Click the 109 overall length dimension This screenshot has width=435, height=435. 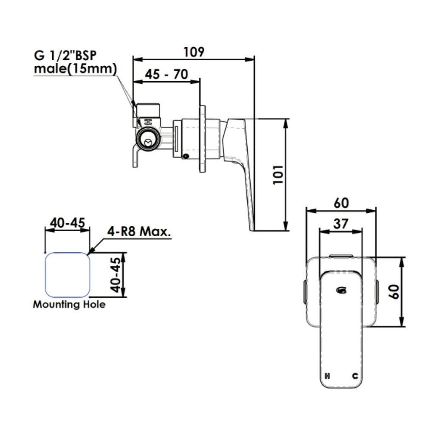(x=194, y=52)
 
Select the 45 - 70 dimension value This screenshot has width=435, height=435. (x=166, y=74)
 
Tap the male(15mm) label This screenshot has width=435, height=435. (x=75, y=69)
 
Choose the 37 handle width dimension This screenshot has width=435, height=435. (x=341, y=224)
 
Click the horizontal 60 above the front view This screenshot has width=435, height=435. (x=341, y=203)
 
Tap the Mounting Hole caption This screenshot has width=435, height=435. (x=69, y=305)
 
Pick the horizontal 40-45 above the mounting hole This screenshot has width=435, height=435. (x=68, y=223)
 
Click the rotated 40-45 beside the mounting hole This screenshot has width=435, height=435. (x=115, y=275)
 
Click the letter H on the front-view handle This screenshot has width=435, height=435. (x=327, y=376)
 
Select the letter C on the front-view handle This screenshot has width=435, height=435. (x=355, y=376)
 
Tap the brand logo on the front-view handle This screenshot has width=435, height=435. (x=341, y=290)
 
